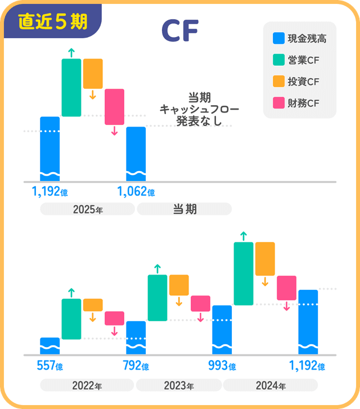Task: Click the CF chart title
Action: coord(179,32)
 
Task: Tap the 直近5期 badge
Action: coord(52,21)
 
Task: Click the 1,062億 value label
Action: coord(136,192)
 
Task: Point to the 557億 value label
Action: coord(49,366)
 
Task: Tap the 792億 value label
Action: coord(136,366)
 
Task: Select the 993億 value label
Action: coord(222,366)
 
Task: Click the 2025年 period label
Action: coord(87,209)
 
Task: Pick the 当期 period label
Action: coord(184,209)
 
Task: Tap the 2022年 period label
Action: coord(87,386)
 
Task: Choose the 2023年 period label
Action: coord(178,386)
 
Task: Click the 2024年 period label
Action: coord(270,386)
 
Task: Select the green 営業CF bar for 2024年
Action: coord(244,273)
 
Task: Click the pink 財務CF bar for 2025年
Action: coord(114,106)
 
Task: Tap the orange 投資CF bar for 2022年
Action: coord(93,305)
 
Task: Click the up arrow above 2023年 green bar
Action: coord(157,268)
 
